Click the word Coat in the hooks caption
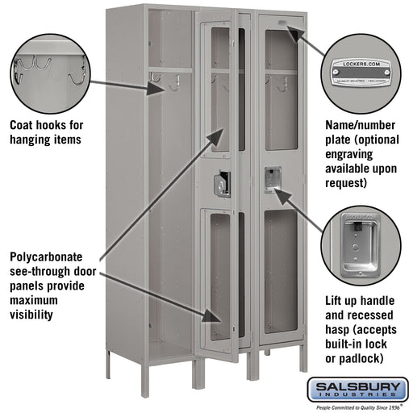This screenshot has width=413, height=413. coord(22,126)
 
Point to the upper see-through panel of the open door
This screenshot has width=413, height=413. coord(219,93)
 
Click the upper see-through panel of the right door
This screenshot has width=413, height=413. coord(279,93)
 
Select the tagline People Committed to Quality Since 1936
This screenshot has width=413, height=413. coord(357,407)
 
